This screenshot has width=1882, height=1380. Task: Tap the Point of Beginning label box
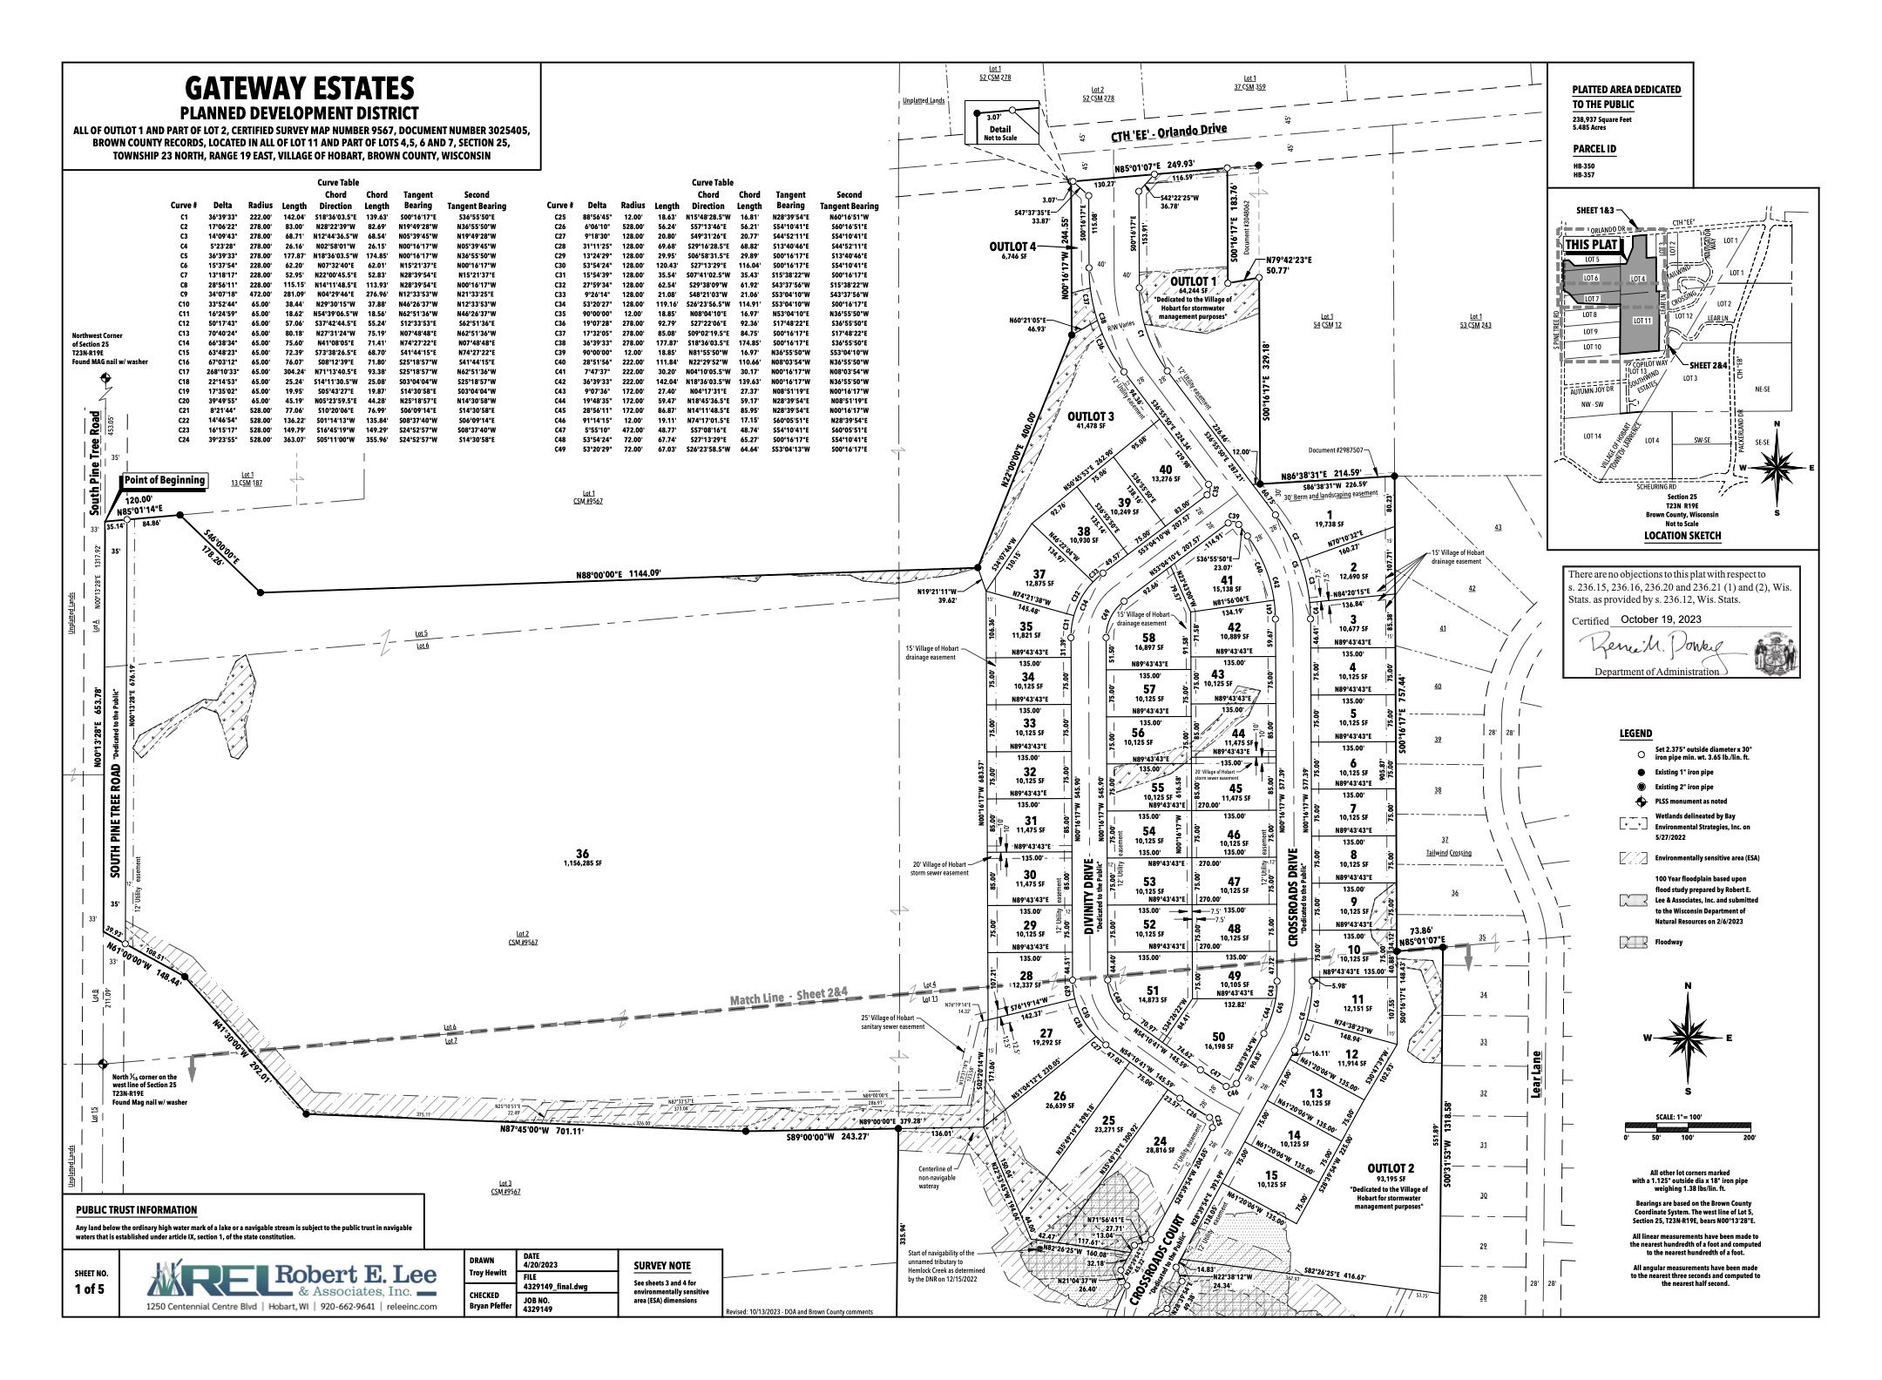coord(164,480)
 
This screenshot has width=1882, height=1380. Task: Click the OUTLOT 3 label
coord(1091,417)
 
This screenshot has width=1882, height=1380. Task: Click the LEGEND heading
coord(1635,734)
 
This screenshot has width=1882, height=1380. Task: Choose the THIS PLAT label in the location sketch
coord(1593,246)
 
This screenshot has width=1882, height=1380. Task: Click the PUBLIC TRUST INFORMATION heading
coord(136,1210)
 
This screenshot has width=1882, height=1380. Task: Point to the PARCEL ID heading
coord(1594,149)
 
